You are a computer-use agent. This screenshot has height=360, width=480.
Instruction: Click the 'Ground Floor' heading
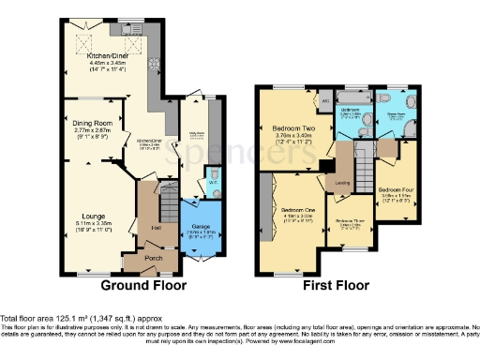pos(142,285)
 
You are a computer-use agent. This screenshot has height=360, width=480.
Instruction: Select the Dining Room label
pos(93,123)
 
